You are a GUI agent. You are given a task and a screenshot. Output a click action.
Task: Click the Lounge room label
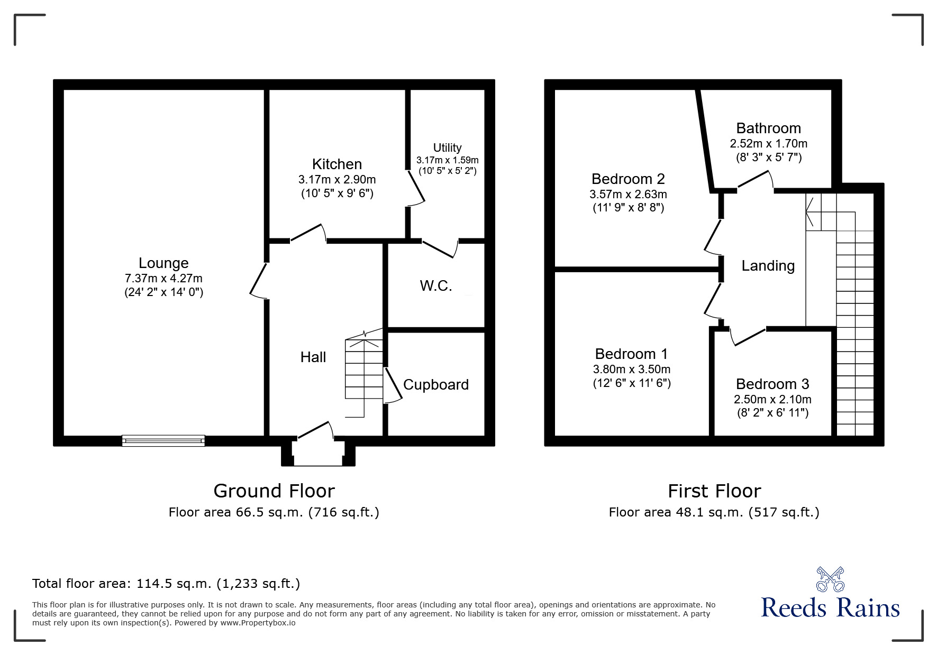click(163, 263)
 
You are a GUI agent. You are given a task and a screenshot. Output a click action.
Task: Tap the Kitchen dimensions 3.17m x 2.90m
click(337, 180)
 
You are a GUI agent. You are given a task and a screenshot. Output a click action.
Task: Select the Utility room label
click(447, 148)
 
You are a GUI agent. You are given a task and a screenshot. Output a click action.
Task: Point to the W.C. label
click(436, 286)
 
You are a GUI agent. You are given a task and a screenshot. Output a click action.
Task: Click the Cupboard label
click(436, 384)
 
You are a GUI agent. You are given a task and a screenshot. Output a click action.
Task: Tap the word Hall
click(313, 357)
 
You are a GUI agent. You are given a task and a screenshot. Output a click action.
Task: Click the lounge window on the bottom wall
click(163, 440)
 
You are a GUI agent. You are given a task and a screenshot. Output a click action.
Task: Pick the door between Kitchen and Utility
click(416, 188)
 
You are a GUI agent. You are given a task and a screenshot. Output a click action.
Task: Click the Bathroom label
click(768, 128)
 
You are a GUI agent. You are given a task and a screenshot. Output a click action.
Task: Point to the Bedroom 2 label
click(628, 179)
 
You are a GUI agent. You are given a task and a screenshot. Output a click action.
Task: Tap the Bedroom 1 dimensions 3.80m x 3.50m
click(632, 369)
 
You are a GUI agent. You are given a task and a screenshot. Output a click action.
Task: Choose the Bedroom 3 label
click(772, 384)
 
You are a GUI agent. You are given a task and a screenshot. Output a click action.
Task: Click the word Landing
click(768, 266)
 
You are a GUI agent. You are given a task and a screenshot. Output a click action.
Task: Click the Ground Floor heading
click(274, 491)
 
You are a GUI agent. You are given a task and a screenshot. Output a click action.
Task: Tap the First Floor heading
click(714, 491)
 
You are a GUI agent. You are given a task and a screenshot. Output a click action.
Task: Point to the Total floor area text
click(166, 584)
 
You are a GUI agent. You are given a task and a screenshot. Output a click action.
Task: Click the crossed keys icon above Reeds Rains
click(830, 579)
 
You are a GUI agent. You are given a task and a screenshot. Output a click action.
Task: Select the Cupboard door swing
click(393, 386)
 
